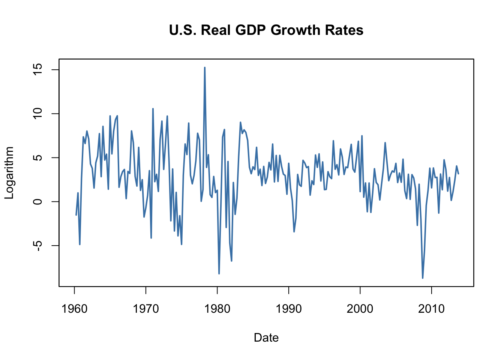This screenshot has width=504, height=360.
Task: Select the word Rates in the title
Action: click(345, 30)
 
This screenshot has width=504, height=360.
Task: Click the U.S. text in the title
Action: click(183, 30)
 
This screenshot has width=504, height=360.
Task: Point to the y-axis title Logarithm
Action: click(9, 173)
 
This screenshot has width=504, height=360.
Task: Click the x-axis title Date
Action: click(266, 338)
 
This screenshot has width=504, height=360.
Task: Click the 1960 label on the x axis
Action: click(74, 309)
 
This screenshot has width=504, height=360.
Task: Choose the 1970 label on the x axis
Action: click(146, 309)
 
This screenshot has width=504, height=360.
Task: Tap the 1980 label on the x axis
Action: click(217, 309)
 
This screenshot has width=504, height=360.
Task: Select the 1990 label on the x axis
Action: click(289, 309)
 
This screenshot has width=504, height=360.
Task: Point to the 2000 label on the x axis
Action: click(360, 309)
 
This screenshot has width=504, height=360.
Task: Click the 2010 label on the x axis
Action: click(432, 309)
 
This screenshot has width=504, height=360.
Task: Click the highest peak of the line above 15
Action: click(205, 68)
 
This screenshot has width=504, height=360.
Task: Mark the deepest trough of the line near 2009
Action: click(423, 278)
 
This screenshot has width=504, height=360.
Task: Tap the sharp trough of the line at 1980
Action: click(219, 273)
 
